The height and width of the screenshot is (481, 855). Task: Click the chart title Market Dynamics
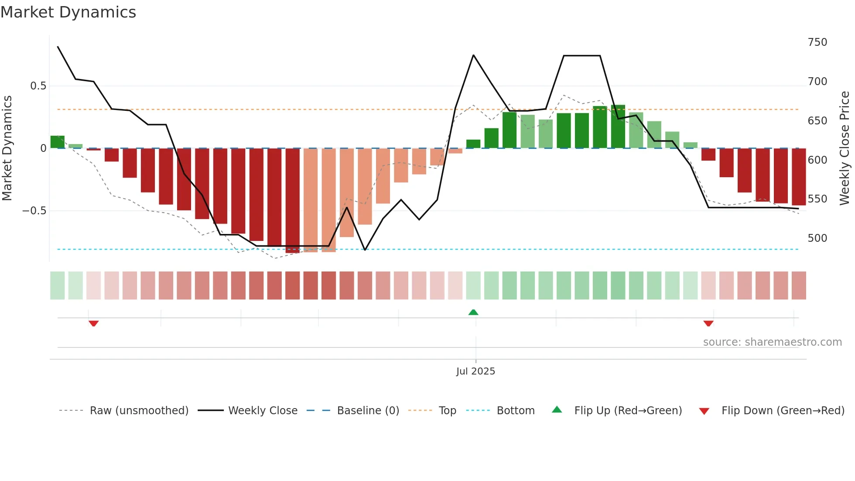click(x=68, y=12)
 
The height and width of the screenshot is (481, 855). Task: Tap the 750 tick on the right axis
click(x=817, y=42)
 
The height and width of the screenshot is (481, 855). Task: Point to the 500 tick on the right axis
click(x=817, y=238)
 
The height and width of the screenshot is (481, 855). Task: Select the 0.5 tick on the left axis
click(x=38, y=86)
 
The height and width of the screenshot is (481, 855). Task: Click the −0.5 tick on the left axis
click(x=34, y=211)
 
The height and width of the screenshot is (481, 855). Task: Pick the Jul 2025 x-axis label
click(x=475, y=371)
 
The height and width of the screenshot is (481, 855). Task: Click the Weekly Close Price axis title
click(x=845, y=148)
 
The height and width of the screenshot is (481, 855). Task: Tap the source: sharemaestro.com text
click(x=772, y=342)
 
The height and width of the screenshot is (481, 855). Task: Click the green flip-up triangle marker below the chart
click(x=473, y=312)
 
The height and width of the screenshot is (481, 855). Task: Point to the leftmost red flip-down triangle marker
click(x=93, y=323)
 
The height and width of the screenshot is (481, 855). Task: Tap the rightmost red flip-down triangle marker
click(x=708, y=323)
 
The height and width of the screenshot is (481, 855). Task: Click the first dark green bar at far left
click(x=57, y=142)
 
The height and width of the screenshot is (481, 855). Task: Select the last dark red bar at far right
click(x=799, y=177)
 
